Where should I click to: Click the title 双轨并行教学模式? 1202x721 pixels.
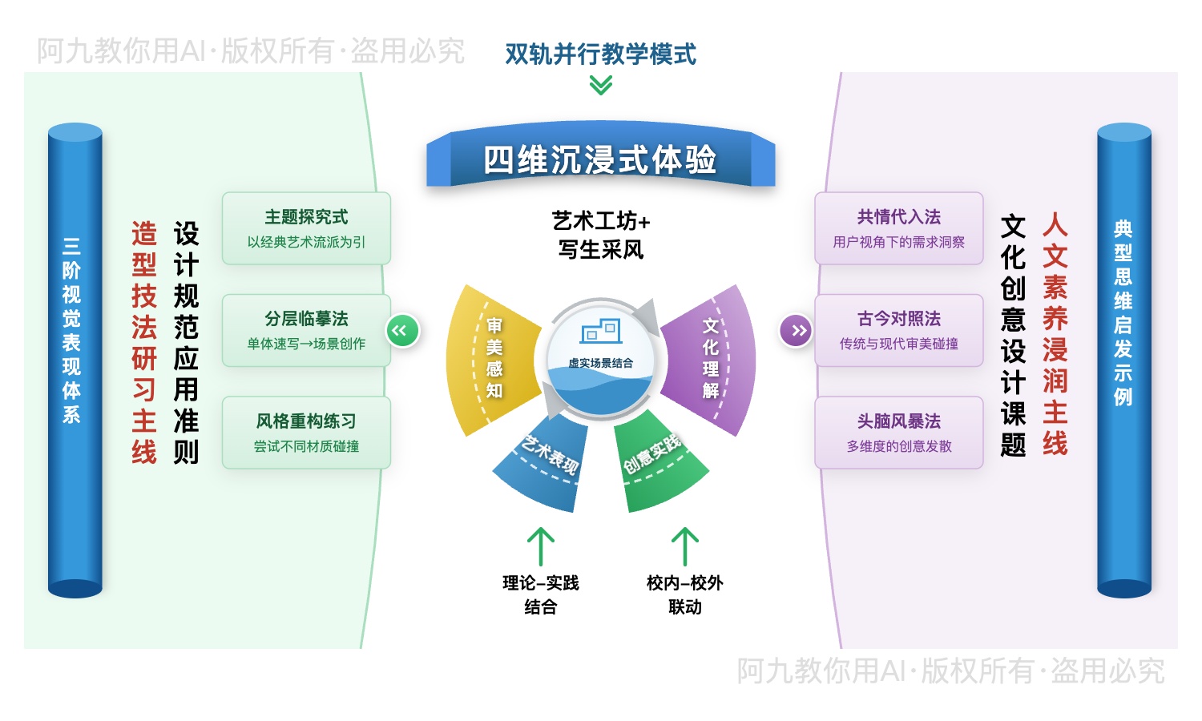[x=600, y=54]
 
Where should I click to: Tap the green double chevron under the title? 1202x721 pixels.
[x=600, y=85]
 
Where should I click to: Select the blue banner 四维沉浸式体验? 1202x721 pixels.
[x=600, y=159]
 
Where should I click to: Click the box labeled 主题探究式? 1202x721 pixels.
[x=306, y=228]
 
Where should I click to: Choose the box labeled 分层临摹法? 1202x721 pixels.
[x=306, y=330]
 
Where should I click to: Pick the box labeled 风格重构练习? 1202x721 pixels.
[x=306, y=433]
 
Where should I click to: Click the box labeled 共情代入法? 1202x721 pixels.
[x=898, y=228]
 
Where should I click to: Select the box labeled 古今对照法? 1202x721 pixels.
[x=898, y=330]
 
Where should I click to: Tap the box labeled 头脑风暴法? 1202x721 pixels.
[x=898, y=433]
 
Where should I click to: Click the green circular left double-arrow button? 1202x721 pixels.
[x=401, y=331]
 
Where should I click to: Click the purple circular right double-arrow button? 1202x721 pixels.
[x=796, y=331]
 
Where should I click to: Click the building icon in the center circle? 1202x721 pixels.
[x=601, y=330]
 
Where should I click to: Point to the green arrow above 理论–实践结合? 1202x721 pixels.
[x=541, y=546]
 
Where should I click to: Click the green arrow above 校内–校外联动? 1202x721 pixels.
[x=684, y=546]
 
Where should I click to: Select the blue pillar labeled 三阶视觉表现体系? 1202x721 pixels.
[x=75, y=360]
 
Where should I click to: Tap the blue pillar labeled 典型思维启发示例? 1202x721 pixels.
[x=1123, y=360]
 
